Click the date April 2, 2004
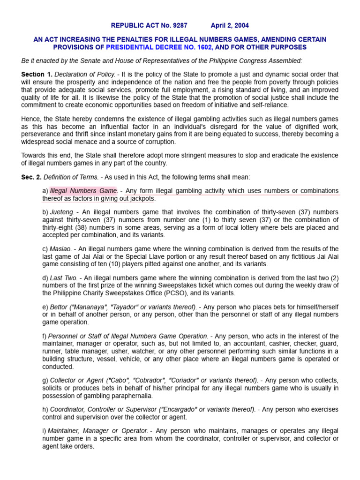(x=230, y=26)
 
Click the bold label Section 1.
(x=37, y=75)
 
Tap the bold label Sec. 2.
(x=31, y=177)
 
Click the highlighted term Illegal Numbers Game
(x=83, y=191)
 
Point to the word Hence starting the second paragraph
(x=30, y=119)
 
